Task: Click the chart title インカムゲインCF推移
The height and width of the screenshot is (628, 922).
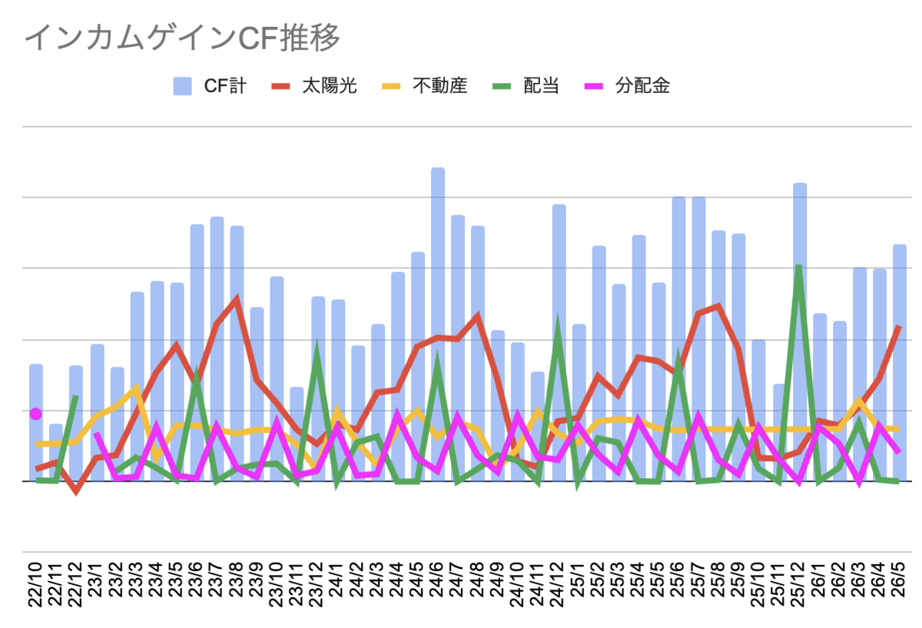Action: tap(182, 38)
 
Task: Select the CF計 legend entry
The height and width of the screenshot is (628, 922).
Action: tap(210, 86)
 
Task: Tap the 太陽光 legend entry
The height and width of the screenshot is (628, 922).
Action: tap(314, 86)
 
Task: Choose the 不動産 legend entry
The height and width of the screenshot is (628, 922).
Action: tap(424, 86)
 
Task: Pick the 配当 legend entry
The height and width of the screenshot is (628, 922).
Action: tap(526, 86)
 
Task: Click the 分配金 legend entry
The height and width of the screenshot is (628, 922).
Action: tap(627, 86)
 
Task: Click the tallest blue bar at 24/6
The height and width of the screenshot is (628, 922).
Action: tap(438, 324)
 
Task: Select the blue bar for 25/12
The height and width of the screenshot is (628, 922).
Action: tap(800, 332)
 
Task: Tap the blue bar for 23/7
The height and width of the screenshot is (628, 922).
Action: tap(217, 349)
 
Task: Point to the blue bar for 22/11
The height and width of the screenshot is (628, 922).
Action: tap(56, 452)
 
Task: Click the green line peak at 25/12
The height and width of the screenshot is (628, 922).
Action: tap(798, 267)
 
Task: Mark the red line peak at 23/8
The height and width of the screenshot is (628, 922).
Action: tap(237, 297)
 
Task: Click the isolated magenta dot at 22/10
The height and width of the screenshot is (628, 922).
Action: tap(36, 414)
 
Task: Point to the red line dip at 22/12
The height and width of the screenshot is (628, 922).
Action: tap(76, 491)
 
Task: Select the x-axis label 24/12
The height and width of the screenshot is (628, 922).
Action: tap(557, 584)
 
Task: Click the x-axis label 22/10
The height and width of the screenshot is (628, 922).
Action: tap(35, 584)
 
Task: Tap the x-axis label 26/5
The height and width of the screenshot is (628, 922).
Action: tap(898, 579)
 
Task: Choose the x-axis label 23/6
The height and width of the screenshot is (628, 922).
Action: tap(195, 579)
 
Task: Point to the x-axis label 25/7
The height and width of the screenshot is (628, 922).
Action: tap(698, 579)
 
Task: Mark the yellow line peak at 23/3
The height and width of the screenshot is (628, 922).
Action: tap(137, 387)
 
